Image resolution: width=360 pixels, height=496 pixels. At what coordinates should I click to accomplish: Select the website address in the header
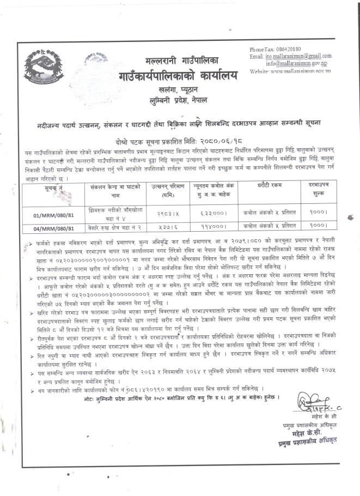[x=298, y=71]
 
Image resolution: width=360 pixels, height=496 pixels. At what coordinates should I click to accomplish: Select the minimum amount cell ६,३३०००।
[x=211, y=209]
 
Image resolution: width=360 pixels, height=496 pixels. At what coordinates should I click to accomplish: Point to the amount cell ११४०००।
[x=211, y=224]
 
